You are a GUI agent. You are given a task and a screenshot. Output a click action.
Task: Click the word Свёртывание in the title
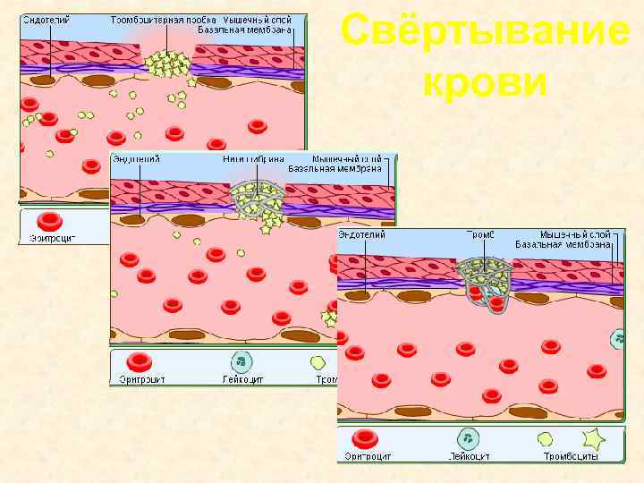click(x=485, y=33)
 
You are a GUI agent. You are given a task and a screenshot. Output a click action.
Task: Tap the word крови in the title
click(x=485, y=82)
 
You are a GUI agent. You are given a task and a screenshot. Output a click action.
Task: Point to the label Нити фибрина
click(x=255, y=158)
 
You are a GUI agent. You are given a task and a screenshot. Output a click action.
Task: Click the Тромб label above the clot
click(x=481, y=234)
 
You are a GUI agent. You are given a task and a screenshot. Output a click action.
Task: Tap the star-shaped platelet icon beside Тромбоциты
click(x=593, y=438)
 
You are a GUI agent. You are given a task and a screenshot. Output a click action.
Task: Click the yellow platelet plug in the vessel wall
click(x=167, y=64)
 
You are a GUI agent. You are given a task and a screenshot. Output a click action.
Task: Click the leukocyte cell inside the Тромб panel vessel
click(x=619, y=339)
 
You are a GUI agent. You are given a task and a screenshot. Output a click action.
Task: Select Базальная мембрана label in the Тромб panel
click(x=563, y=244)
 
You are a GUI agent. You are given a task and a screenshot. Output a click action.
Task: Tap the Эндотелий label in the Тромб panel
click(x=362, y=234)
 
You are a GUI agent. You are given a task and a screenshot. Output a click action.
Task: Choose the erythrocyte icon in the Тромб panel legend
click(x=365, y=438)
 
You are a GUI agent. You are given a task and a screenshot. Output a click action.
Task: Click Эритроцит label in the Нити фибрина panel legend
click(x=141, y=379)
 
